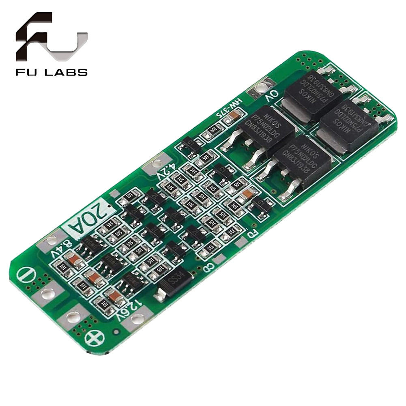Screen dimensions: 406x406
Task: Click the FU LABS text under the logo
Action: (51, 73)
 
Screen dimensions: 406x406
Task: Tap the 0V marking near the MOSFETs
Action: (271, 97)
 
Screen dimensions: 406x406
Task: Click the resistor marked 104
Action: (213, 131)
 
